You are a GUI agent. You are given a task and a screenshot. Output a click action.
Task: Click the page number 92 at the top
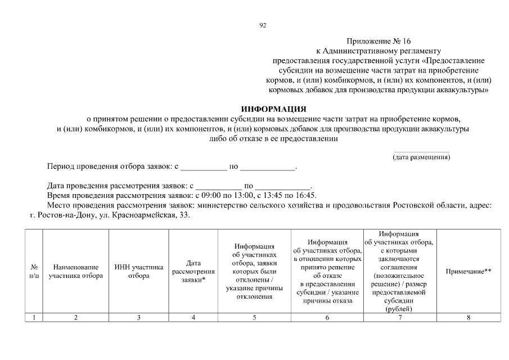[x=263, y=25]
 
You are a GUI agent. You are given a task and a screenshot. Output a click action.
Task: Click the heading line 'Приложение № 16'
[x=379, y=42]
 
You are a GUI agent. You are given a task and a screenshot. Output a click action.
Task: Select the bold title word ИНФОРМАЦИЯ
[x=273, y=109]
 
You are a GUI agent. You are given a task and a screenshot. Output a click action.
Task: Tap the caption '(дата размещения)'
[x=421, y=157]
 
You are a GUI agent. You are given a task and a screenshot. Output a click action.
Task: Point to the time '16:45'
[x=306, y=196]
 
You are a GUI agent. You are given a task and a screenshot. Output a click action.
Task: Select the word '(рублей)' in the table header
[x=399, y=309]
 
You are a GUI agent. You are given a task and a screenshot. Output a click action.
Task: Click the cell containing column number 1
[x=34, y=318]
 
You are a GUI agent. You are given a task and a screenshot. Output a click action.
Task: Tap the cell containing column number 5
[x=254, y=318]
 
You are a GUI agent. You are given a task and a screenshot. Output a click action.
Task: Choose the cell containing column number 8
[x=468, y=318]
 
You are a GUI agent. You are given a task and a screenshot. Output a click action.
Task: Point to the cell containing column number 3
[x=138, y=318]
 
